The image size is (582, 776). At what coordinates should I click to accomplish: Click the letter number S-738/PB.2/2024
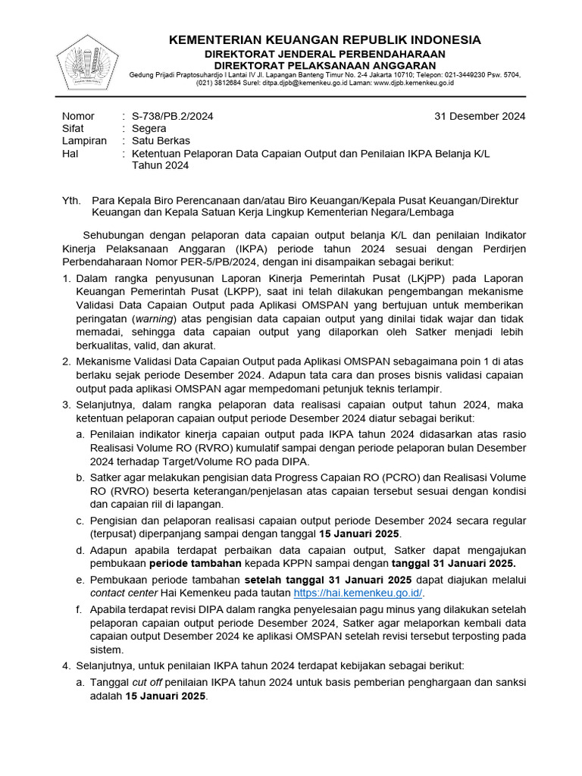tap(173, 116)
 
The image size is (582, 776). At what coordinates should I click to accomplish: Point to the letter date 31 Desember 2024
tap(480, 116)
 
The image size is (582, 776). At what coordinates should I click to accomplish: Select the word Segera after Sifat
tap(149, 129)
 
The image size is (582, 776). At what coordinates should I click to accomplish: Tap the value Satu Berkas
tap(161, 141)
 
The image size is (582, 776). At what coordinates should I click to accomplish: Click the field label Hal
tap(70, 154)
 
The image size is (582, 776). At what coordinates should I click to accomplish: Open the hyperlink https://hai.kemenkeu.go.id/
tap(358, 593)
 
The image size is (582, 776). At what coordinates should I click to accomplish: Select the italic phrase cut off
tap(149, 682)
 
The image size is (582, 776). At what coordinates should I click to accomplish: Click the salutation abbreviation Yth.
tap(70, 200)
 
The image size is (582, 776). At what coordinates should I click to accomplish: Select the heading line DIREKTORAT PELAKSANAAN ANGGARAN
tap(324, 65)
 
